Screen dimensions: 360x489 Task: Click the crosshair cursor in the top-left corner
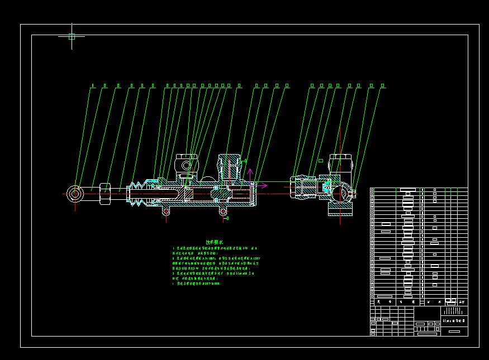pos(72,37)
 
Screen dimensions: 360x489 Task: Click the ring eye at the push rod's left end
pos(75,194)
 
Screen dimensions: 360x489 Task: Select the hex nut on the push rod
pos(105,194)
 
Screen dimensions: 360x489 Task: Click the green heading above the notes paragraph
pos(213,242)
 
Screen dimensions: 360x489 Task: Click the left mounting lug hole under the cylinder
pos(165,212)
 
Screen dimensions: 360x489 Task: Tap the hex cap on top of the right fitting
pos(340,162)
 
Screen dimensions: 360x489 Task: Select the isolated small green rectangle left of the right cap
pos(321,161)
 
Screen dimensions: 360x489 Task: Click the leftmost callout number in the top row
pos(93,86)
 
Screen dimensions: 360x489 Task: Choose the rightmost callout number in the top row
pos(383,86)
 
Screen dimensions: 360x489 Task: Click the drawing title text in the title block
pos(453,320)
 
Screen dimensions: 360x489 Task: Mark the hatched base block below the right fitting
pos(340,209)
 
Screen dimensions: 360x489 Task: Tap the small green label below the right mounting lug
pos(226,218)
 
